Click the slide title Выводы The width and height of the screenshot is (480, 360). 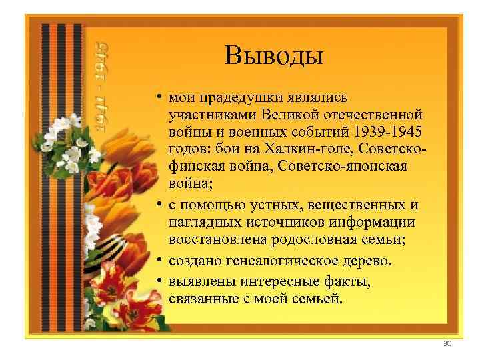tap(273, 55)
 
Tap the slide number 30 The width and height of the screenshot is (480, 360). tap(447, 343)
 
